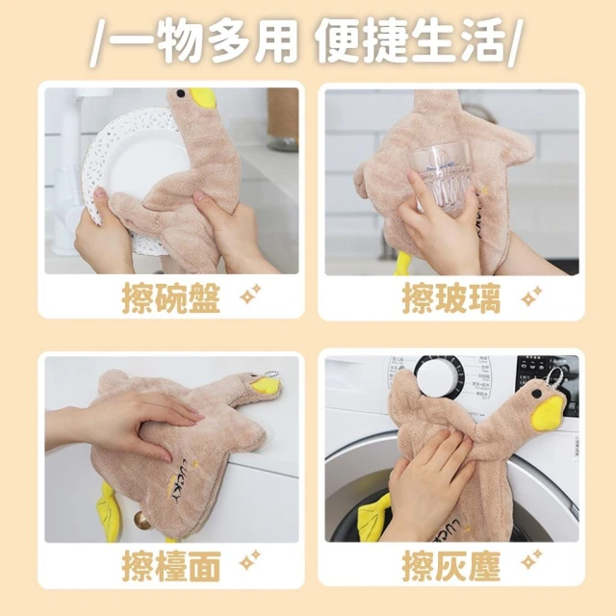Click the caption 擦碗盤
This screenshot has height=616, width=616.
point(171,298)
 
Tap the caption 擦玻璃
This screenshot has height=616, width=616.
point(451,298)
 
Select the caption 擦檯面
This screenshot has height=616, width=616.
point(171,566)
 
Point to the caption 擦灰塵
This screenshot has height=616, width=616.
point(451,566)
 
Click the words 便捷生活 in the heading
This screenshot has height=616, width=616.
point(411,41)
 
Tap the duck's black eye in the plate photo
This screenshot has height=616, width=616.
point(180,93)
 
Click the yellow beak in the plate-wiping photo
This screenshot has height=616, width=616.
point(203,98)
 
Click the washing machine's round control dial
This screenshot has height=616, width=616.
point(436,376)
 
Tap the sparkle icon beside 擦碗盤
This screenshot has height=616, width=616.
point(250,294)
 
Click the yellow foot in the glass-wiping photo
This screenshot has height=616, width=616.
point(403,263)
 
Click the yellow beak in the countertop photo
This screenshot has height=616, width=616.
point(264,387)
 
